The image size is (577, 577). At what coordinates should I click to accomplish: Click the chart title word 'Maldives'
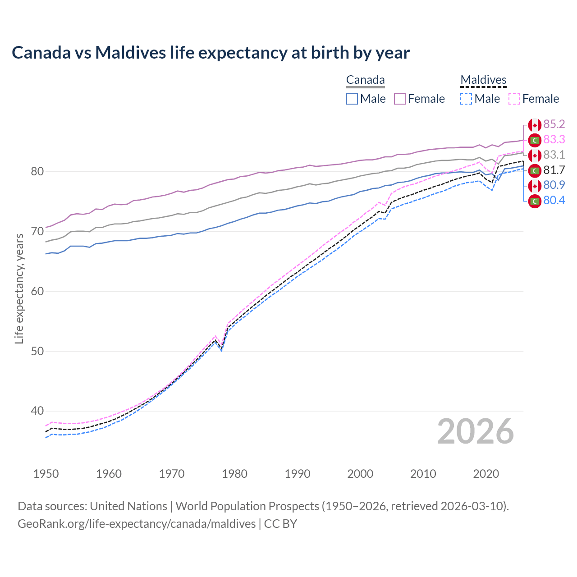pyautogui.click(x=130, y=53)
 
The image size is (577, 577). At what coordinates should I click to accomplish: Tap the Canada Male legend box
pyautogui.click(x=352, y=99)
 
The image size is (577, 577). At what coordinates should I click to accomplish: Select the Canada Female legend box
pyautogui.click(x=400, y=99)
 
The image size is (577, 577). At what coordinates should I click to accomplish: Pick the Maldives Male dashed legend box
pyautogui.click(x=466, y=99)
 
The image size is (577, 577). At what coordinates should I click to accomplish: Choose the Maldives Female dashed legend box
pyautogui.click(x=514, y=99)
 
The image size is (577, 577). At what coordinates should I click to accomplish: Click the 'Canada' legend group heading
pyautogui.click(x=365, y=80)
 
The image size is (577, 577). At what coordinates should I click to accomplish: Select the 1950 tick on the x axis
pyautogui.click(x=46, y=474)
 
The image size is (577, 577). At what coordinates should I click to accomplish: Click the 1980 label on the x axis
pyautogui.click(x=234, y=474)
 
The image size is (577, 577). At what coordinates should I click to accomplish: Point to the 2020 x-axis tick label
pyautogui.click(x=486, y=474)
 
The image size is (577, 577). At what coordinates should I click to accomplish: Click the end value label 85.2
pyautogui.click(x=554, y=124)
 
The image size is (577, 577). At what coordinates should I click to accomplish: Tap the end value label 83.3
pyautogui.click(x=554, y=140)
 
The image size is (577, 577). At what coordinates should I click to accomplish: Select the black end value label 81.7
pyautogui.click(x=554, y=170)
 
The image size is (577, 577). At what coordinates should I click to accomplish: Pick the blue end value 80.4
pyautogui.click(x=554, y=201)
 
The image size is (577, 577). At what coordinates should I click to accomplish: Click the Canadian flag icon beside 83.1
pyautogui.click(x=535, y=156)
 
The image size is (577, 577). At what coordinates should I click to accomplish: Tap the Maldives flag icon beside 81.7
pyautogui.click(x=535, y=171)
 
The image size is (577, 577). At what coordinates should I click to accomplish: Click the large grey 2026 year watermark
pyautogui.click(x=475, y=432)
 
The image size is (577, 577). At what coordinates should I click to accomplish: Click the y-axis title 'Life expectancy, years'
pyautogui.click(x=19, y=288)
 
